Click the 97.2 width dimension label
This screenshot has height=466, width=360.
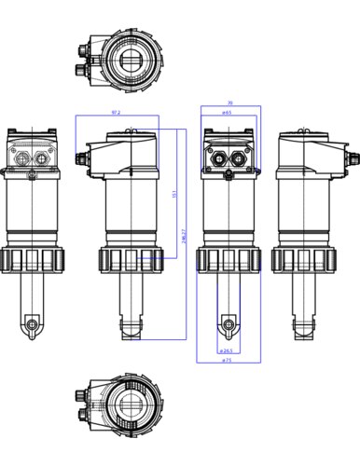point(116,112)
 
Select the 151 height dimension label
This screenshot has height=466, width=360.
point(174,194)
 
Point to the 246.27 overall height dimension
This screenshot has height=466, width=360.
point(184,237)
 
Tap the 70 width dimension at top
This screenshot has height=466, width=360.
point(229,103)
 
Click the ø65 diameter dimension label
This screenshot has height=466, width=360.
point(227,113)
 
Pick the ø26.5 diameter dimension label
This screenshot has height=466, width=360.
point(228,351)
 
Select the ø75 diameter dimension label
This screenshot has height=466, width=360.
point(228,361)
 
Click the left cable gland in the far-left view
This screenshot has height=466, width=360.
point(22,158)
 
